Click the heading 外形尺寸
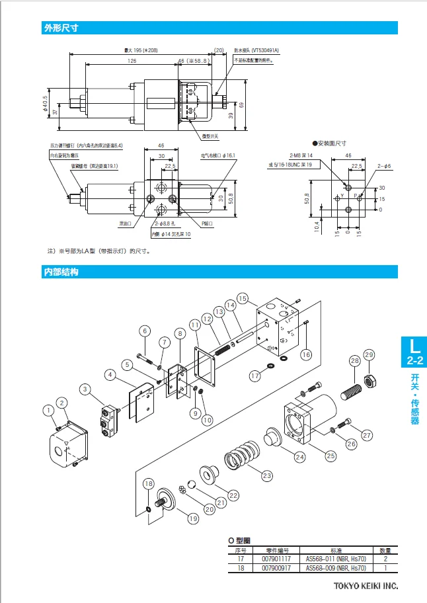coord(61,28)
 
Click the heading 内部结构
coord(61,272)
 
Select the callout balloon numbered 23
coord(267,475)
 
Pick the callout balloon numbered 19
coord(192,519)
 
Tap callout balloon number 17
coord(255,375)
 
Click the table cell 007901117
coord(276,559)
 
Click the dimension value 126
coord(132,60)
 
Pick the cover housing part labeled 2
coord(69,444)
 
